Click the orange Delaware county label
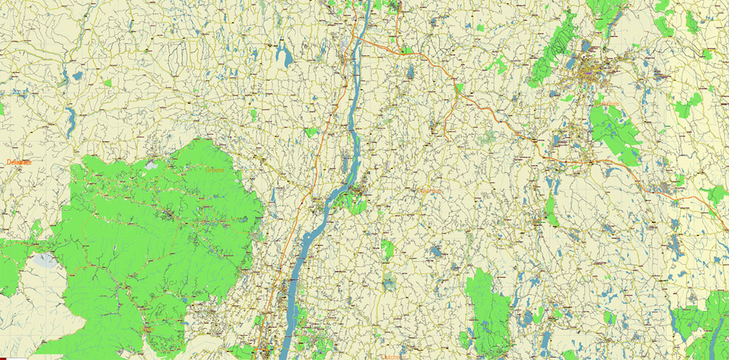coord(17,163)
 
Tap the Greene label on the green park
coord(215,171)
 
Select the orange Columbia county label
coord(430,192)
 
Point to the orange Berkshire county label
coord(607,103)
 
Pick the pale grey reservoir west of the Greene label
coord(152,165)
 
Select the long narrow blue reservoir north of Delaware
coord(71,120)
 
